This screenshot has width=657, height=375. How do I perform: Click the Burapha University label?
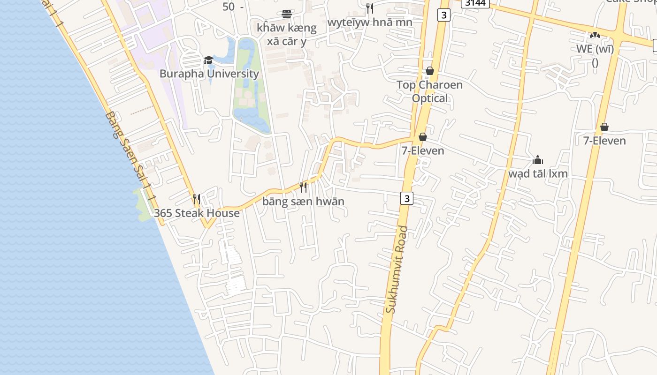[209, 74]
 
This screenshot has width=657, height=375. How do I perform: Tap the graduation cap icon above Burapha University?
[208, 60]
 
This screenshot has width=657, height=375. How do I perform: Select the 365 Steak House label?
[197, 213]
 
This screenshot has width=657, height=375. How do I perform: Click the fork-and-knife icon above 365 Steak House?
[197, 199]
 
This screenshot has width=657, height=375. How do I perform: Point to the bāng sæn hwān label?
[303, 201]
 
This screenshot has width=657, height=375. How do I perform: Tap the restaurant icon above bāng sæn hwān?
[303, 187]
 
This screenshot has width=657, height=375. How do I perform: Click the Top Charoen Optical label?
[429, 91]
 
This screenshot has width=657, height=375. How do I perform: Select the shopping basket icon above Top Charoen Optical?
[429, 71]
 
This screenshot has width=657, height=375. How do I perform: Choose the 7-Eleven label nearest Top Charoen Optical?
[422, 150]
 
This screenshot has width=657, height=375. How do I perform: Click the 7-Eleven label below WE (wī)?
[604, 141]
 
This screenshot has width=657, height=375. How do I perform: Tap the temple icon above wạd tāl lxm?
[538, 160]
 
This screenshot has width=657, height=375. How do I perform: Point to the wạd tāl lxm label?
[538, 173]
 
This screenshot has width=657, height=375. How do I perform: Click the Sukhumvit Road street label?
[397, 270]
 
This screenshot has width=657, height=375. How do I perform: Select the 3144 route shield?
[475, 3]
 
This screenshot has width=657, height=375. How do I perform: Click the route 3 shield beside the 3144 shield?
[443, 15]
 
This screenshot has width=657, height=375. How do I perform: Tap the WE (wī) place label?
[595, 49]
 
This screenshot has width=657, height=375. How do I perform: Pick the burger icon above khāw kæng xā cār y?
[286, 14]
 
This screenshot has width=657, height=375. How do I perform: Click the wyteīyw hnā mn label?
[370, 22]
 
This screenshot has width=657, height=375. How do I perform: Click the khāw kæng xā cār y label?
[286, 34]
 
